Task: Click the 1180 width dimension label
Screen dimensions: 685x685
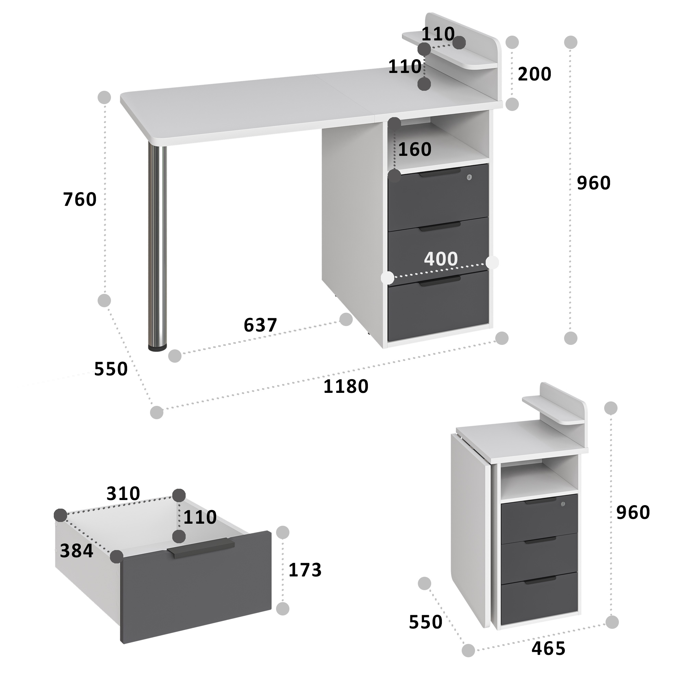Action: pyautogui.click(x=346, y=386)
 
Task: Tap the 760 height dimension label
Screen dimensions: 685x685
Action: pyautogui.click(x=80, y=199)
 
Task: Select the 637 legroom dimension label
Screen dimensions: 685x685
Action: pyautogui.click(x=260, y=325)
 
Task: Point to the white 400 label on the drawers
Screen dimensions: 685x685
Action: pyautogui.click(x=441, y=259)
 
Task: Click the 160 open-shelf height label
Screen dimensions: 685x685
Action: pyautogui.click(x=415, y=149)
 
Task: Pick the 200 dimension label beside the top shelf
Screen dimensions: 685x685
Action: pyautogui.click(x=534, y=74)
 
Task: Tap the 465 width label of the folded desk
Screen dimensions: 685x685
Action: pyautogui.click(x=548, y=648)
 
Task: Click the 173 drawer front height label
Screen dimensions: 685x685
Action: pyautogui.click(x=305, y=570)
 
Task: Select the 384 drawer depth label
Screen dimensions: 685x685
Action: pyautogui.click(x=77, y=551)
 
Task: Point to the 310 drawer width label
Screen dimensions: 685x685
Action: pyautogui.click(x=123, y=493)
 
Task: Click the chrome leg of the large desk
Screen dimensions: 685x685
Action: pyautogui.click(x=157, y=245)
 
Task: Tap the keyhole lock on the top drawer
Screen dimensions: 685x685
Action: pyautogui.click(x=470, y=177)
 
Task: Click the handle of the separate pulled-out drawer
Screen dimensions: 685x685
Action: pyautogui.click(x=201, y=548)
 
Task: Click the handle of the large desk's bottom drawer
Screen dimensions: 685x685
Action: pyautogui.click(x=440, y=282)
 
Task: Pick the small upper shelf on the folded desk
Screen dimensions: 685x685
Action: pyautogui.click(x=553, y=410)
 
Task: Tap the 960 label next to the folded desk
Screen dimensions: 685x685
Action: pyautogui.click(x=633, y=512)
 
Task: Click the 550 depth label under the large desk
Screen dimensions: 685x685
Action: pyautogui.click(x=111, y=369)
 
